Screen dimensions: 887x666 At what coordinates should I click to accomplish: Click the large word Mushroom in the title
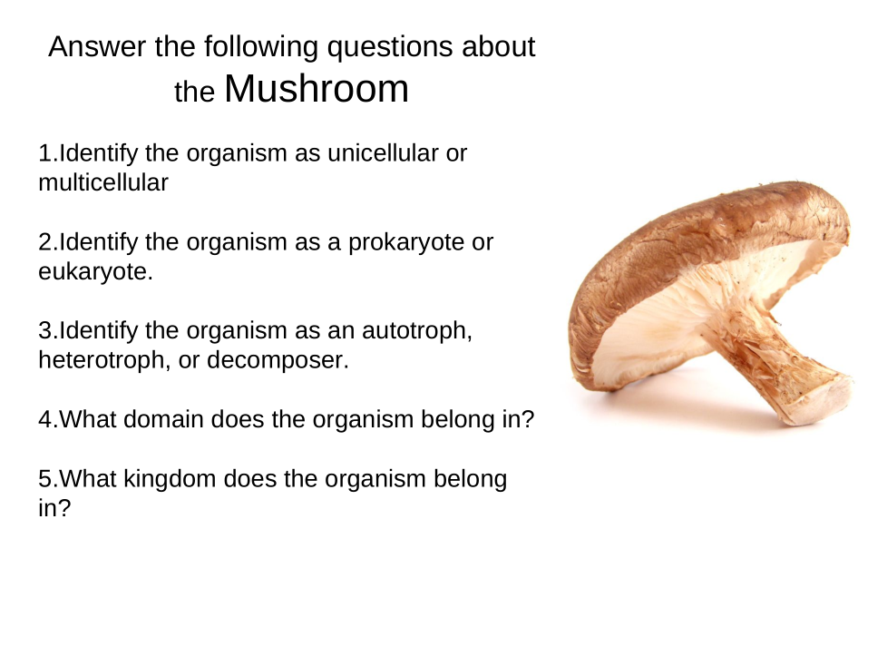tap(317, 89)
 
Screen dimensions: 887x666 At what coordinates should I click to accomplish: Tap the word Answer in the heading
tap(97, 46)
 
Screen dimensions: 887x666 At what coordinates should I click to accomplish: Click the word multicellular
tap(103, 182)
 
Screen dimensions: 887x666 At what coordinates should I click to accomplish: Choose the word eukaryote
tap(95, 271)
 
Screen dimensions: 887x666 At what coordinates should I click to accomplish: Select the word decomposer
tap(278, 360)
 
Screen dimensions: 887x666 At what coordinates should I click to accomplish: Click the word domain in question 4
tap(163, 419)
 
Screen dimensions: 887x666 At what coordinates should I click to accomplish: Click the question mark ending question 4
tap(528, 419)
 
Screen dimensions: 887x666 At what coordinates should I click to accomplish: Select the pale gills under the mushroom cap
tap(678, 300)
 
